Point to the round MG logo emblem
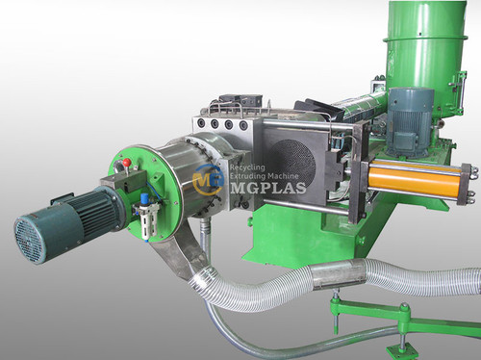pyautogui.click(x=206, y=177)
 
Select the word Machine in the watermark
pyautogui.click(x=288, y=174)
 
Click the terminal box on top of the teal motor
pyautogui.click(x=65, y=198)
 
